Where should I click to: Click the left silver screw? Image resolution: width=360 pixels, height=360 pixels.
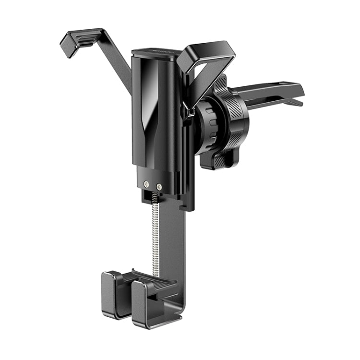(146, 183)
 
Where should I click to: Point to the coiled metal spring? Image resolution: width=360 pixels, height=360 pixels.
(155, 235)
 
